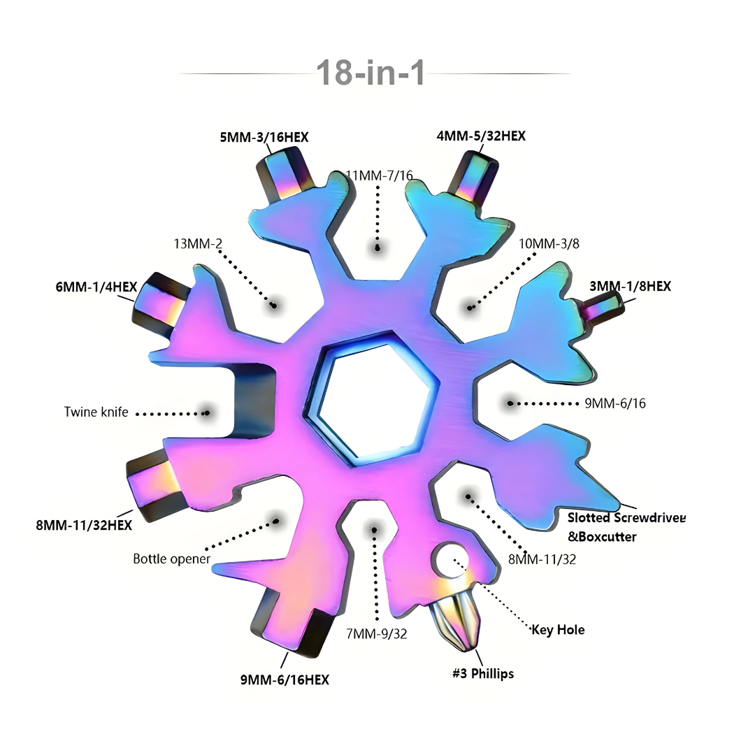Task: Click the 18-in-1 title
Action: [x=371, y=72]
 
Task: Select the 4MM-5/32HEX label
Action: [x=481, y=136]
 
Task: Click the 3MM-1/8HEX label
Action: [x=630, y=285]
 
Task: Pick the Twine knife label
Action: [x=96, y=412]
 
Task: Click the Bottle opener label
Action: [x=171, y=559]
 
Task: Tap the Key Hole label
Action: [x=558, y=630]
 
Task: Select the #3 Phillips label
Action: [x=482, y=673]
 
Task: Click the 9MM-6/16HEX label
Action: [x=285, y=679]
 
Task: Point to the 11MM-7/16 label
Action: [x=380, y=175]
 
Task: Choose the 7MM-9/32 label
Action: [x=377, y=634]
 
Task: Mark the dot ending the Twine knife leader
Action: [x=206, y=412]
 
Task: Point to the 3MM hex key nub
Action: [x=603, y=308]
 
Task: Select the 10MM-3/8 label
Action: [x=549, y=243]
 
